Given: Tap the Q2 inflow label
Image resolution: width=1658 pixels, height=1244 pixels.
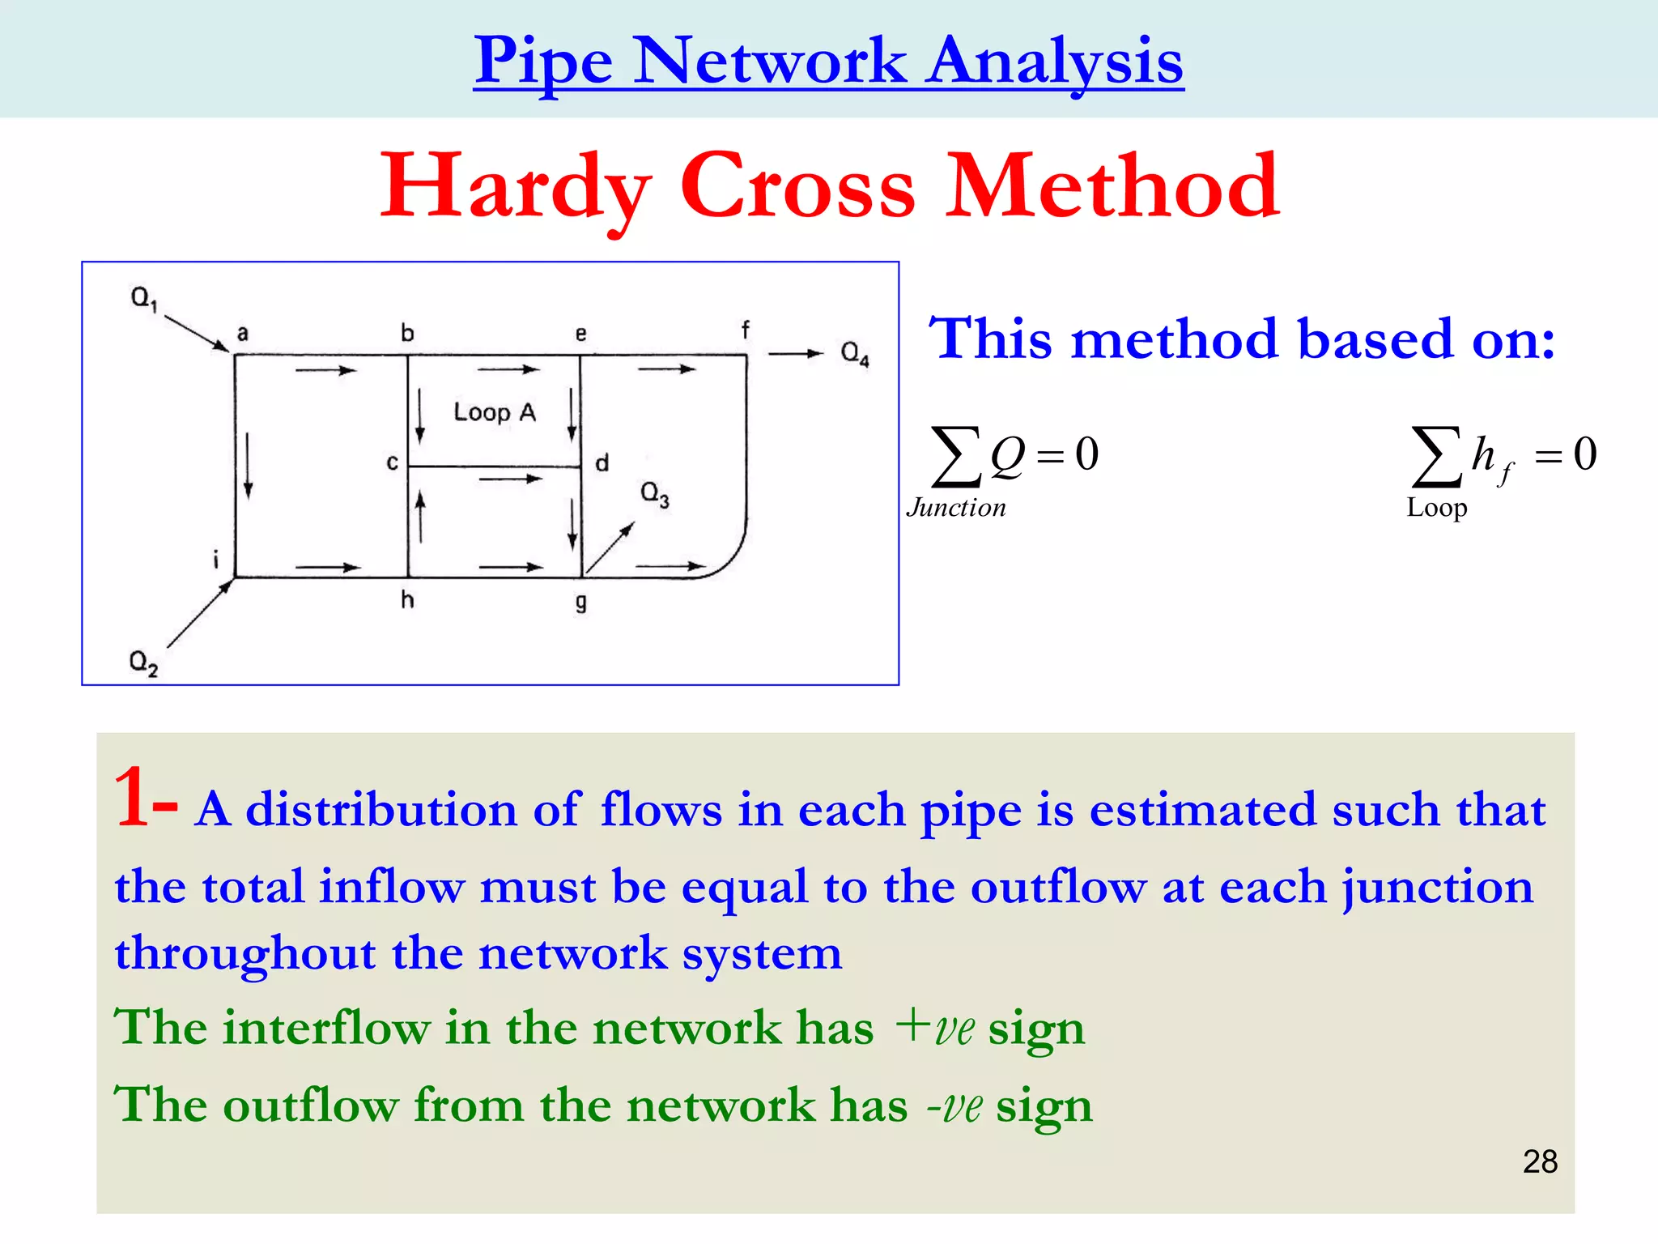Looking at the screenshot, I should tap(142, 662).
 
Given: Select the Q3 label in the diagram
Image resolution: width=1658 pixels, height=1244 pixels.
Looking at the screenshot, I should tap(654, 493).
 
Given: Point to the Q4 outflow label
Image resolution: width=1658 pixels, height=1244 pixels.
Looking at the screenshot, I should tap(855, 353).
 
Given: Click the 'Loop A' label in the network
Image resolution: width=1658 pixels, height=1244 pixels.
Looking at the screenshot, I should tap(495, 412).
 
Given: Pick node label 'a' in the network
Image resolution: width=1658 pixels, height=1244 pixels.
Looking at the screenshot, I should tap(242, 333).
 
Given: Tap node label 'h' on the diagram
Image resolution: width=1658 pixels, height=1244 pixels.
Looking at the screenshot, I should tap(407, 599).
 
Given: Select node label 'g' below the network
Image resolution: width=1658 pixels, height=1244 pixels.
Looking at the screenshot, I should tap(580, 603).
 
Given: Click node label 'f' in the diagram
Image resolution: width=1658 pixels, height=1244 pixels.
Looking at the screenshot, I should tap(745, 330).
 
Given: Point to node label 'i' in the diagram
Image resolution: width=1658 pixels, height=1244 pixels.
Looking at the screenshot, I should tap(216, 558).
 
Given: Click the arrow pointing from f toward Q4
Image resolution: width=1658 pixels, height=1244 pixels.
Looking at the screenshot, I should tap(795, 353).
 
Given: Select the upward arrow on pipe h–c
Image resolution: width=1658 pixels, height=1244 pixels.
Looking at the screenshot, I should tap(420, 518).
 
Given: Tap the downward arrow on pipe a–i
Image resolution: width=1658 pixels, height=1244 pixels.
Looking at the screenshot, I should tap(248, 466).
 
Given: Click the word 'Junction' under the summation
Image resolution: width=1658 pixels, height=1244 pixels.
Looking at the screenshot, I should tap(956, 508).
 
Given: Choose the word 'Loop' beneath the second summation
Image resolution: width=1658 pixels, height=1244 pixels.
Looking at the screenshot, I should tap(1437, 508).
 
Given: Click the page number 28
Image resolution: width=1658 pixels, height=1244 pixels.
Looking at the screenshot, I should tap(1540, 1161).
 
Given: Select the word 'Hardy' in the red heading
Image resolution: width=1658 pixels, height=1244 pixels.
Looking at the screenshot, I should tap(517, 188).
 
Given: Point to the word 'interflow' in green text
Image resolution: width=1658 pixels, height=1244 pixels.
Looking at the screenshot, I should tap(326, 1028).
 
